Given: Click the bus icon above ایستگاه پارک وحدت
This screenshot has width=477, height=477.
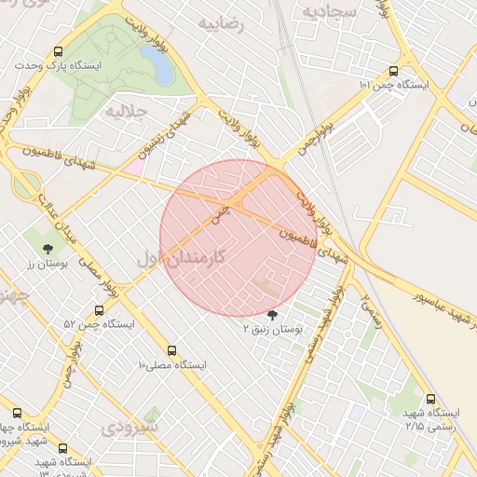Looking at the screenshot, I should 60,52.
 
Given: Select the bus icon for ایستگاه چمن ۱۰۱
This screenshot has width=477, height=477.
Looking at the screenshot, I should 393,71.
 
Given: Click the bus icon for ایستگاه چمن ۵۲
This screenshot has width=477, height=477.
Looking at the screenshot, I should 100,310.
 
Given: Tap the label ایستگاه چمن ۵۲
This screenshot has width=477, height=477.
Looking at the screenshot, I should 99,324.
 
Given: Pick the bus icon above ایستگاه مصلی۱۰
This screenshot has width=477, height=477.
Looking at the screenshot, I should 171,350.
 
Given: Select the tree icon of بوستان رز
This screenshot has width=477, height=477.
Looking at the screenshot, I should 47,249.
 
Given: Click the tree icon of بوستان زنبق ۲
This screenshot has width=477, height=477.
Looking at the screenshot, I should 272,315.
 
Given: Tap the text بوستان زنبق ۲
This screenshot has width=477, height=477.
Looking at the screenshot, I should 273,329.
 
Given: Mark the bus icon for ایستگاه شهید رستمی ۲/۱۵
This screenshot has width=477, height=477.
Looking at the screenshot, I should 429,399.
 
